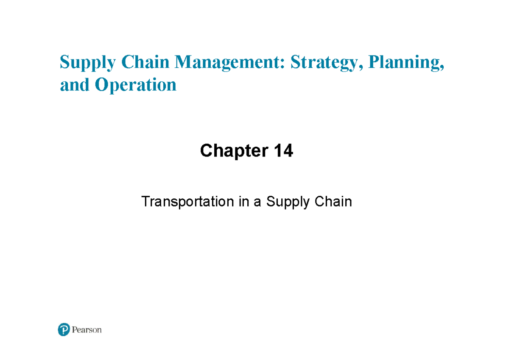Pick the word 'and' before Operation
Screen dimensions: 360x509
[x=74, y=85]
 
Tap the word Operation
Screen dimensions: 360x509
[x=136, y=86]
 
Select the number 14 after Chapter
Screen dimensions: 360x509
[x=283, y=151]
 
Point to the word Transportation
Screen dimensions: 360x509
[x=187, y=202]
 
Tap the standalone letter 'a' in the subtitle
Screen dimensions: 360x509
[x=257, y=202]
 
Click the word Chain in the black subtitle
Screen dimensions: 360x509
[x=333, y=201]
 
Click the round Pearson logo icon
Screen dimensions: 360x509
[x=64, y=329]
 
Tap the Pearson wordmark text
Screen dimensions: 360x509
[x=87, y=330]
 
